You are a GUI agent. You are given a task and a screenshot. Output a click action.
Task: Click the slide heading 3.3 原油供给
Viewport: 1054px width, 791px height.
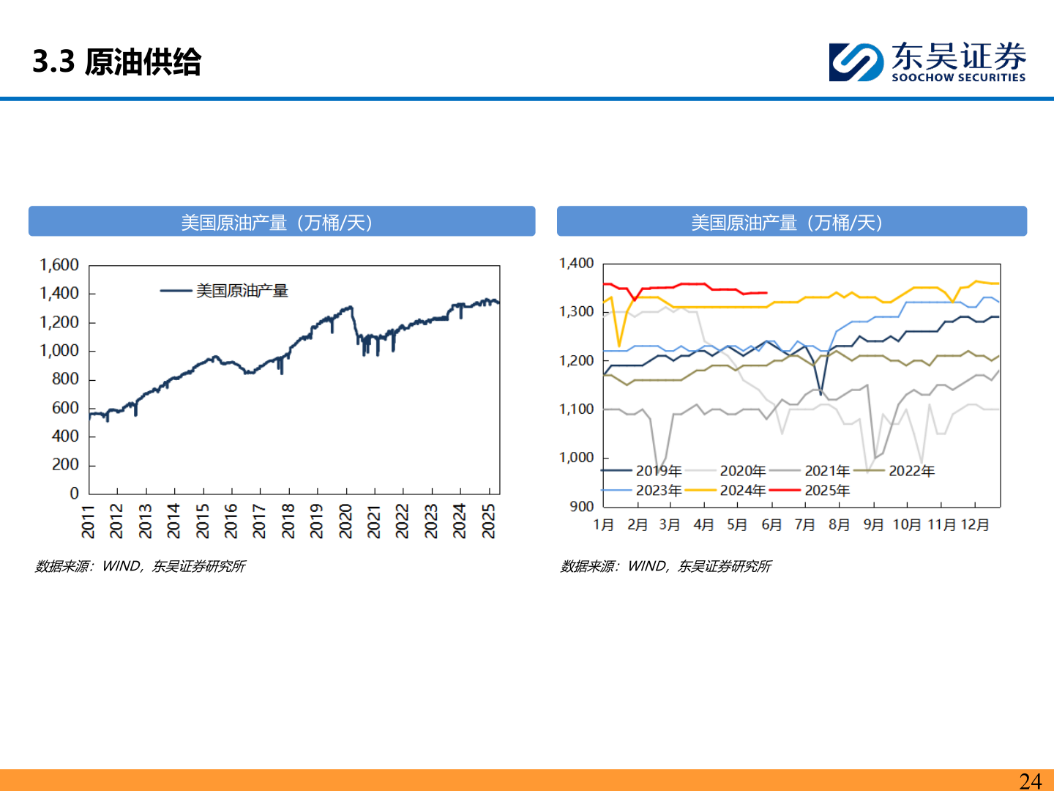point(117,62)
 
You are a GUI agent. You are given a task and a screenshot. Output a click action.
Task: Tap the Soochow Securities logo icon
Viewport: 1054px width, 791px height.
point(856,62)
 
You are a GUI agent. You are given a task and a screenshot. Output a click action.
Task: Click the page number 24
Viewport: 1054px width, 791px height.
point(1031,781)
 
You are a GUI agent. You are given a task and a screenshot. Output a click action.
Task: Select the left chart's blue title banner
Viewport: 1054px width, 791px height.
point(282,222)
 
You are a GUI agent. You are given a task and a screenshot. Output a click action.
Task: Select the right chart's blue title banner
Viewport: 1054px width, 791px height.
point(791,222)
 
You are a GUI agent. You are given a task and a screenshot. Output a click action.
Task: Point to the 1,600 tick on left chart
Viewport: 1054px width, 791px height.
point(59,265)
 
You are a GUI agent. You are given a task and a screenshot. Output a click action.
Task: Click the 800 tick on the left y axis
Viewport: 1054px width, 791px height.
point(65,379)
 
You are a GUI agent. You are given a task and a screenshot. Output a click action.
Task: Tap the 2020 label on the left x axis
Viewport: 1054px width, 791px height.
point(345,521)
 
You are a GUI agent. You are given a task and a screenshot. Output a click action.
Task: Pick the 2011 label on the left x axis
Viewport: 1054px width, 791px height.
point(89,521)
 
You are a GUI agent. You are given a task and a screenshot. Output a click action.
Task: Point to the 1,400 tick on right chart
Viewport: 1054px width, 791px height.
point(577,263)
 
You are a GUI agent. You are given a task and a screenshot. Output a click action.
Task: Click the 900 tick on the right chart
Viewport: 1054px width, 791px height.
point(582,506)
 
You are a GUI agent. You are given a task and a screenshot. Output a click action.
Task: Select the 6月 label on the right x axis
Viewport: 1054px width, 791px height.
point(771,525)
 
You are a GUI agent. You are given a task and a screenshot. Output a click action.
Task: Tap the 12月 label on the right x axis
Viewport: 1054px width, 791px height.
point(974,525)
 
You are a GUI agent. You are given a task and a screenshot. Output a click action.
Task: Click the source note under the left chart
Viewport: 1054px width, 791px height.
point(141,566)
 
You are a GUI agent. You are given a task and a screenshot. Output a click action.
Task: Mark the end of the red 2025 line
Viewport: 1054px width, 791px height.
point(766,293)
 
